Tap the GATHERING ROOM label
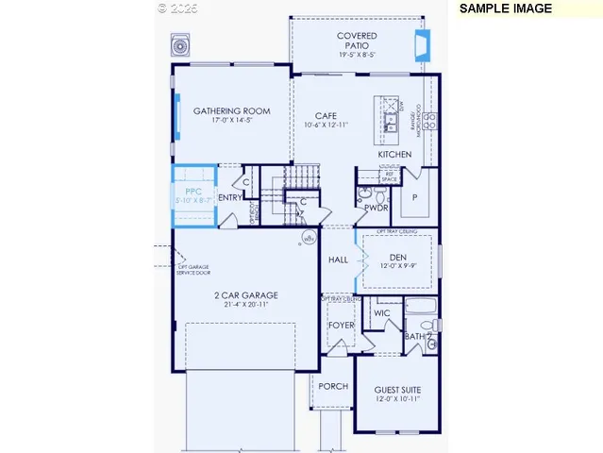[231, 111]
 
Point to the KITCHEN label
[394, 154]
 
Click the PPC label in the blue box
[193, 190]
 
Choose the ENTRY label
[229, 198]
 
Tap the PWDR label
[376, 208]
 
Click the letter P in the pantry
[413, 197]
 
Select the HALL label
[338, 260]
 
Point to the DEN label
[396, 256]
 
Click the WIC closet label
[381, 312]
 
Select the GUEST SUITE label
[397, 390]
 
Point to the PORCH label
[332, 386]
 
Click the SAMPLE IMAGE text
[505, 8]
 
